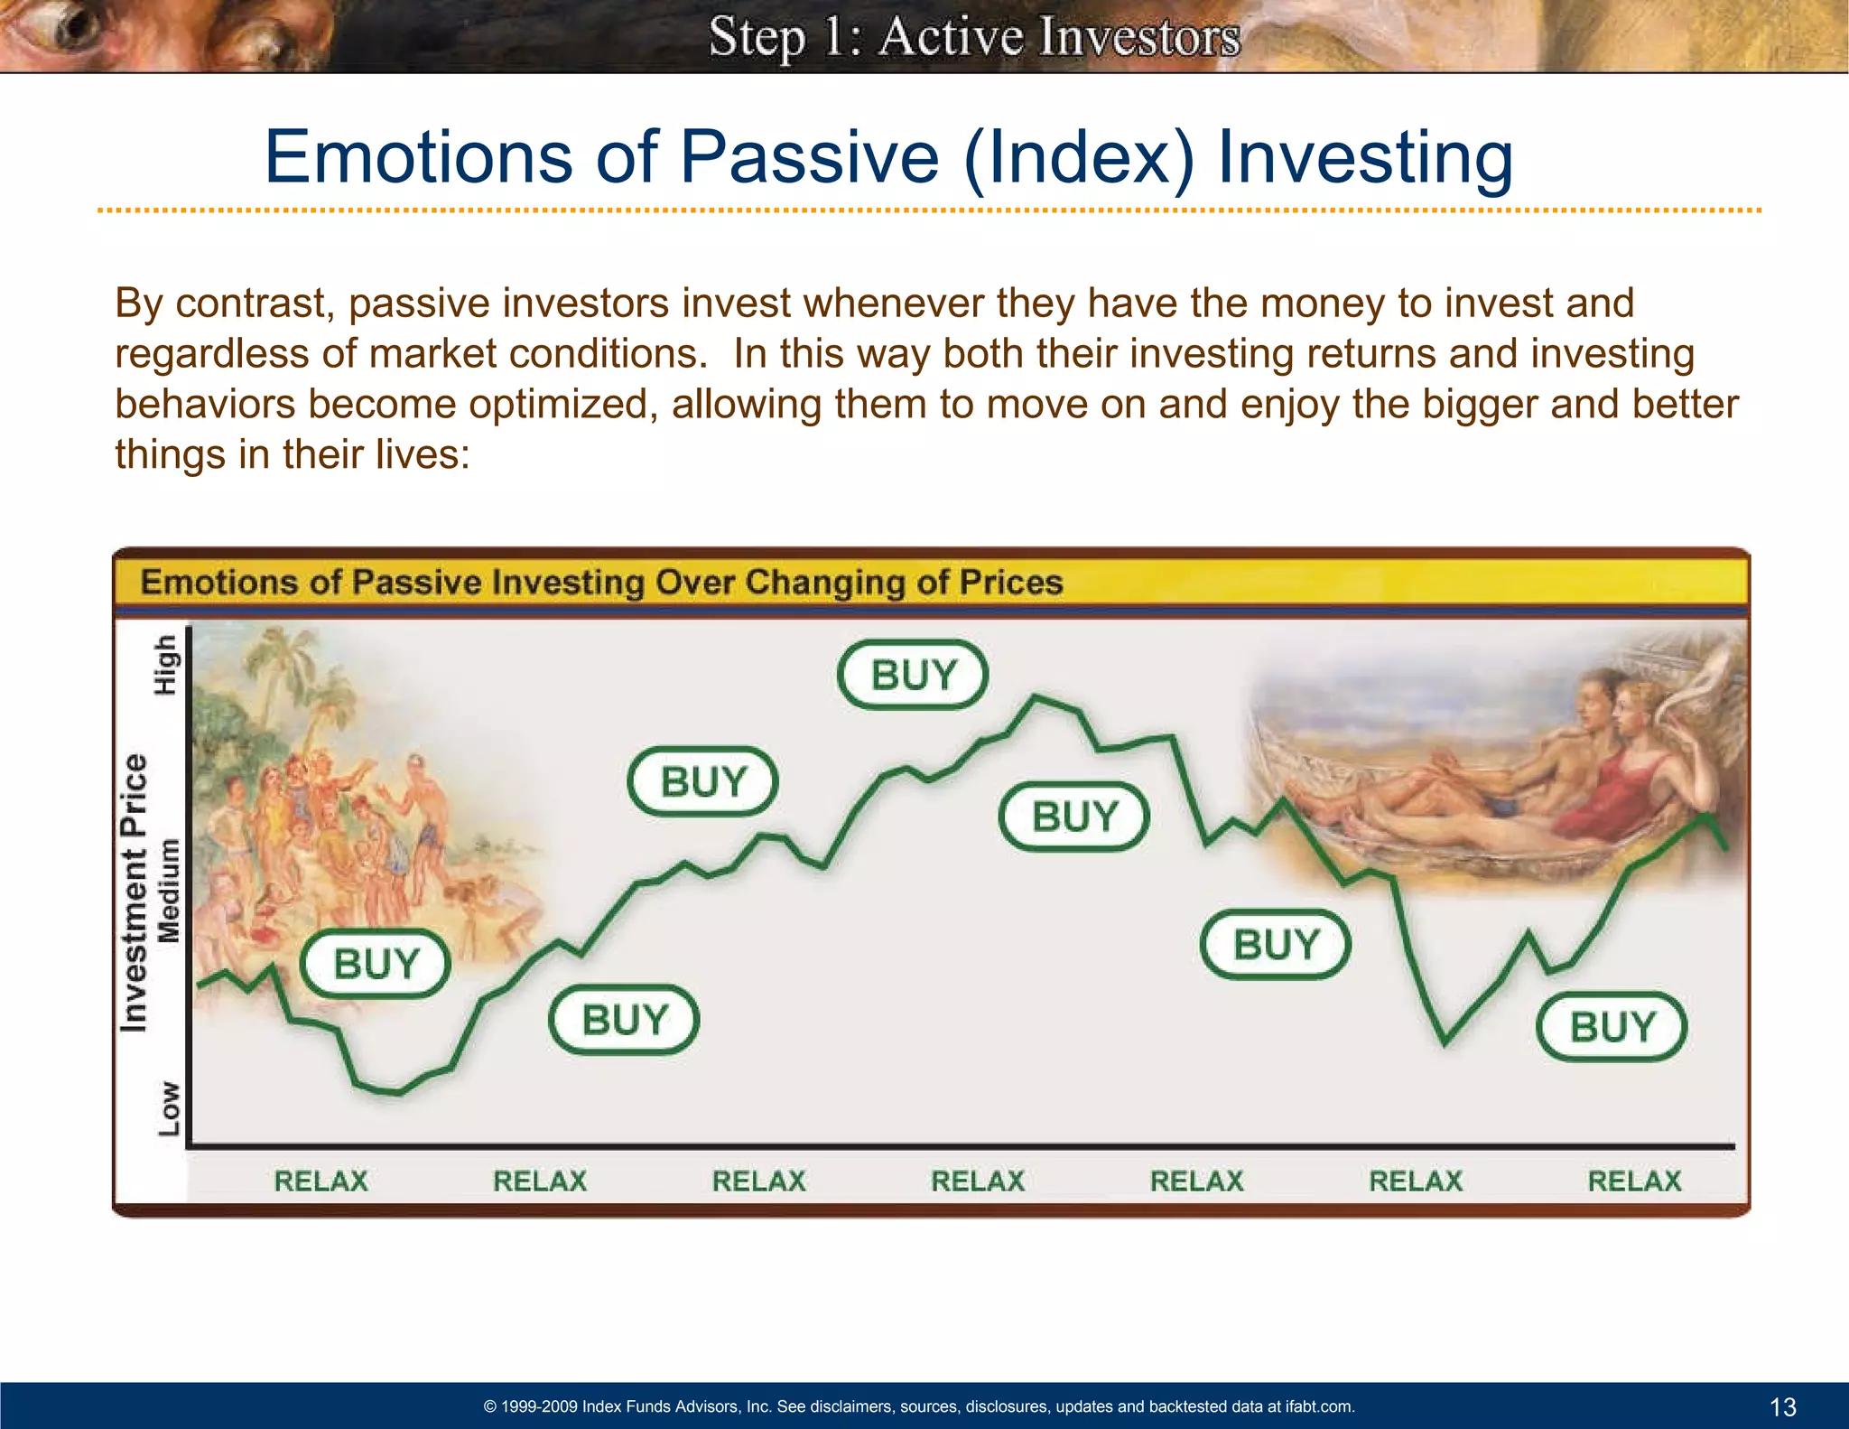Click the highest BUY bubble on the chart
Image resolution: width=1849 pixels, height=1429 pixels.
913,675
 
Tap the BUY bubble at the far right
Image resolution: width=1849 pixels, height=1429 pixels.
1612,1027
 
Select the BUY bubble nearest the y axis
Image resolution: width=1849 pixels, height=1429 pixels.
376,964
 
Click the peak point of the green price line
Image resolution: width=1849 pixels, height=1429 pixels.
1036,696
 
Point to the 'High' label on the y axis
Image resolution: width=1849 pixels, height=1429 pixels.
166,665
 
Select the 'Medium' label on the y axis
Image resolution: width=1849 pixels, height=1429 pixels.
169,891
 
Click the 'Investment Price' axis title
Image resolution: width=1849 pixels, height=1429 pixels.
134,892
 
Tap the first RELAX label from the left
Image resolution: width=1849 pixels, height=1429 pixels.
321,1181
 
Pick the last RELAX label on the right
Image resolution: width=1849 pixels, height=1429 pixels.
1634,1181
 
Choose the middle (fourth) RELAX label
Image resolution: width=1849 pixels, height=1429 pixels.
978,1181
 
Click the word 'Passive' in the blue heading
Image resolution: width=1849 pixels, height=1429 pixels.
809,157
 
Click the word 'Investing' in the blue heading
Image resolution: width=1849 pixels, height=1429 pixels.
1364,157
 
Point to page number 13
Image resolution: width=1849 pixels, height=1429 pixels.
1782,1406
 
